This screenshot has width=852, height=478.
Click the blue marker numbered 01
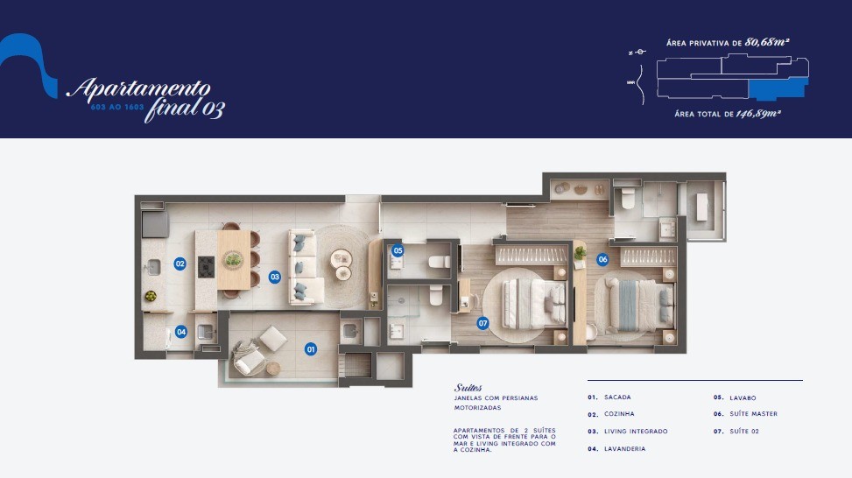(x=310, y=348)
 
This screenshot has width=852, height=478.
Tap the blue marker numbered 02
(x=179, y=263)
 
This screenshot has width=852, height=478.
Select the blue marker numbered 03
(x=274, y=277)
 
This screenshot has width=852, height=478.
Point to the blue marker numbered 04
(x=180, y=332)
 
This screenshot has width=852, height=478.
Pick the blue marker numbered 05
(x=398, y=250)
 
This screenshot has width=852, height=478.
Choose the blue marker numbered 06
(x=602, y=259)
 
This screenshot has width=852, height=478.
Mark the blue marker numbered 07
(x=482, y=323)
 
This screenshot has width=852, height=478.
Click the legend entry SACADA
(x=617, y=397)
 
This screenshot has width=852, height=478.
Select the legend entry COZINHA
(x=618, y=414)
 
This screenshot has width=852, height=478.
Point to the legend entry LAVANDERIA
(x=624, y=449)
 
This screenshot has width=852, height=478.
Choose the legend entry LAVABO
(x=742, y=397)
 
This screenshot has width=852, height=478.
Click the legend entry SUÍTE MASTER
(x=752, y=414)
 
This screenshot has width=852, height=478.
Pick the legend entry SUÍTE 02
(x=745, y=432)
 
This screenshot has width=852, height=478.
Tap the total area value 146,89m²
(x=758, y=113)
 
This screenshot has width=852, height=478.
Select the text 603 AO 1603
(x=111, y=107)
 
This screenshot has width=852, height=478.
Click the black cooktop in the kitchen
(x=206, y=266)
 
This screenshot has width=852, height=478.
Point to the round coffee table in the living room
(x=340, y=259)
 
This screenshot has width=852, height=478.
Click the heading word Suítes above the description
(x=468, y=388)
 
